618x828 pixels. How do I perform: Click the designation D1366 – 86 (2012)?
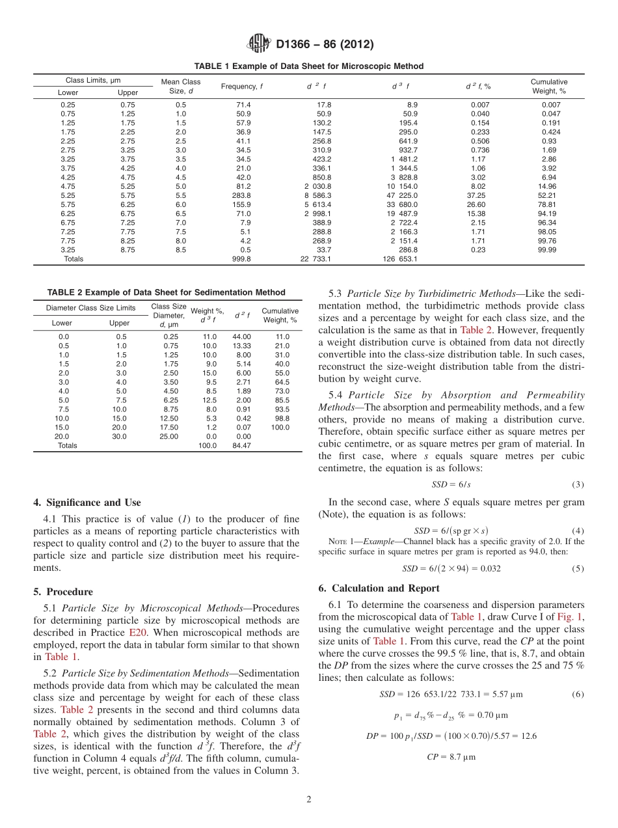[x=325, y=45]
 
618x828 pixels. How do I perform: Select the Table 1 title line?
[x=309, y=66]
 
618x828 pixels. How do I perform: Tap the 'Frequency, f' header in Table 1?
[x=242, y=87]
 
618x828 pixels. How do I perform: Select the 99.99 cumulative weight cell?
[x=550, y=250]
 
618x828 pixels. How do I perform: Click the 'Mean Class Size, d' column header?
[x=181, y=87]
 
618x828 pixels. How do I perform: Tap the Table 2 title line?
[x=166, y=292]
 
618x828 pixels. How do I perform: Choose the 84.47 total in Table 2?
[x=241, y=446]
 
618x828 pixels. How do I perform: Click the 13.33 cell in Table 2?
[x=241, y=346]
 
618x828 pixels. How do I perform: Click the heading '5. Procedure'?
[x=62, y=592]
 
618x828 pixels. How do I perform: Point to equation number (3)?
[x=578, y=485]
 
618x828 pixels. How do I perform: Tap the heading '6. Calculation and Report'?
[x=379, y=588]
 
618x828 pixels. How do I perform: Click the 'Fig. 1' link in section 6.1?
[x=572, y=617]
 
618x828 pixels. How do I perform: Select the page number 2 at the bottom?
[x=308, y=799]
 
